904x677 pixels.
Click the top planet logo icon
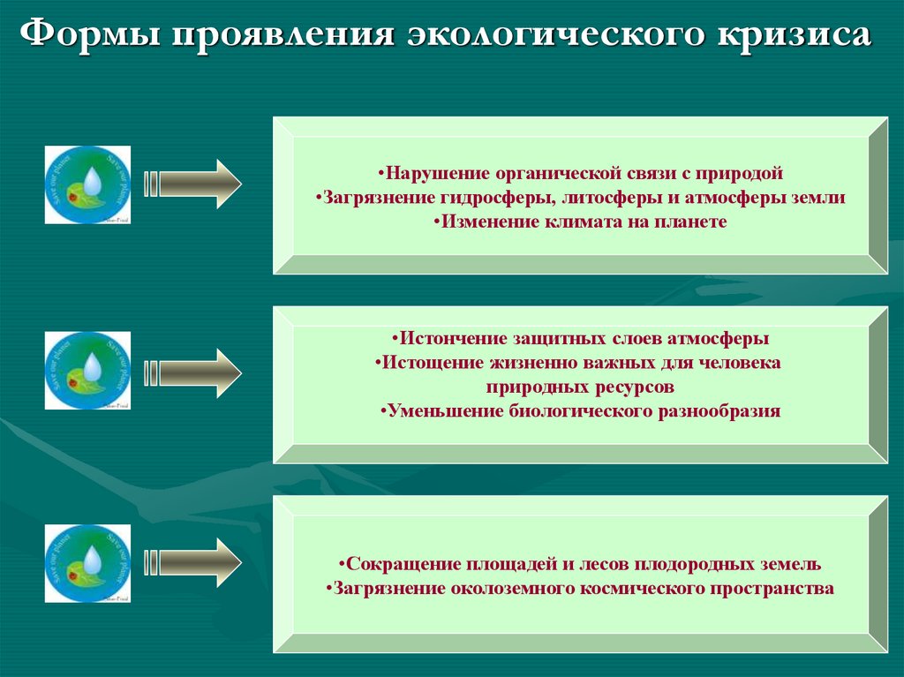(87, 184)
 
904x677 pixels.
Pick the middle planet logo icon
(87, 371)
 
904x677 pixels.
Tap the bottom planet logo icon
(87, 563)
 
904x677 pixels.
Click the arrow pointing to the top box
(192, 184)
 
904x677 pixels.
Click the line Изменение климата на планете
(580, 222)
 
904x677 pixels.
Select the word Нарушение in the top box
(426, 173)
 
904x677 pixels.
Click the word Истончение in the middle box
(448, 338)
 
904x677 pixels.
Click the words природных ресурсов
(580, 387)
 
